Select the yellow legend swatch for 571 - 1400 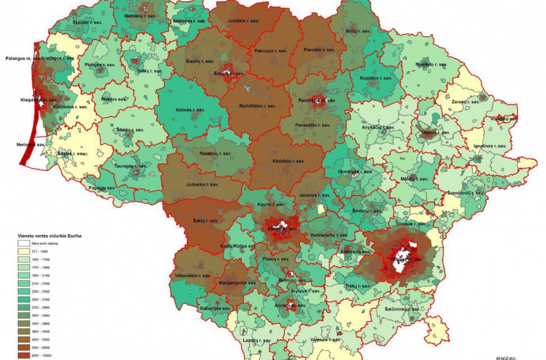click(24, 252)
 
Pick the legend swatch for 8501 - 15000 click(24, 357)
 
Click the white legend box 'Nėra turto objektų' click(24, 244)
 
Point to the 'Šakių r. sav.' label click(205, 220)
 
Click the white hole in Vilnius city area click(402, 256)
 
